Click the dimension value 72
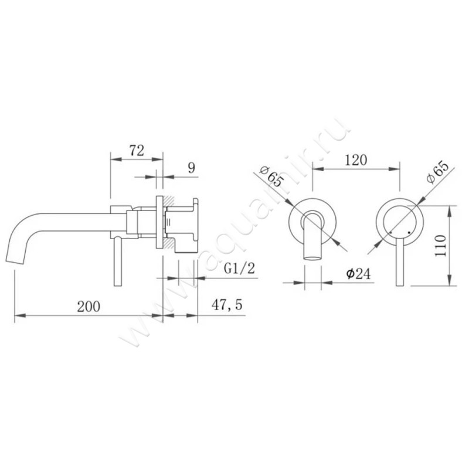(136, 150)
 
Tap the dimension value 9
(191, 168)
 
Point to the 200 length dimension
(88, 305)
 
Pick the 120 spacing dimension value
(355, 159)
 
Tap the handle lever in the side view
(117, 261)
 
